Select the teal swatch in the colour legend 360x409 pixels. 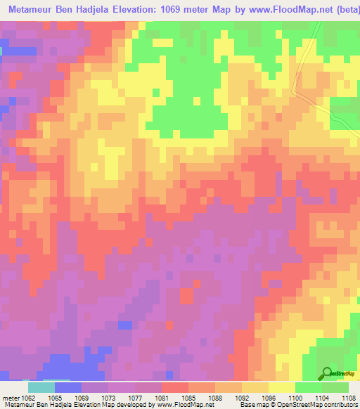point(41,387)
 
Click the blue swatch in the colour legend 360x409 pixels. point(68,387)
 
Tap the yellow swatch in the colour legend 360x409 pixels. point(281,387)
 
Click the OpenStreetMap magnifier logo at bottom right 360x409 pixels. point(326,372)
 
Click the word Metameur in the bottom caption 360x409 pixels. point(18,404)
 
